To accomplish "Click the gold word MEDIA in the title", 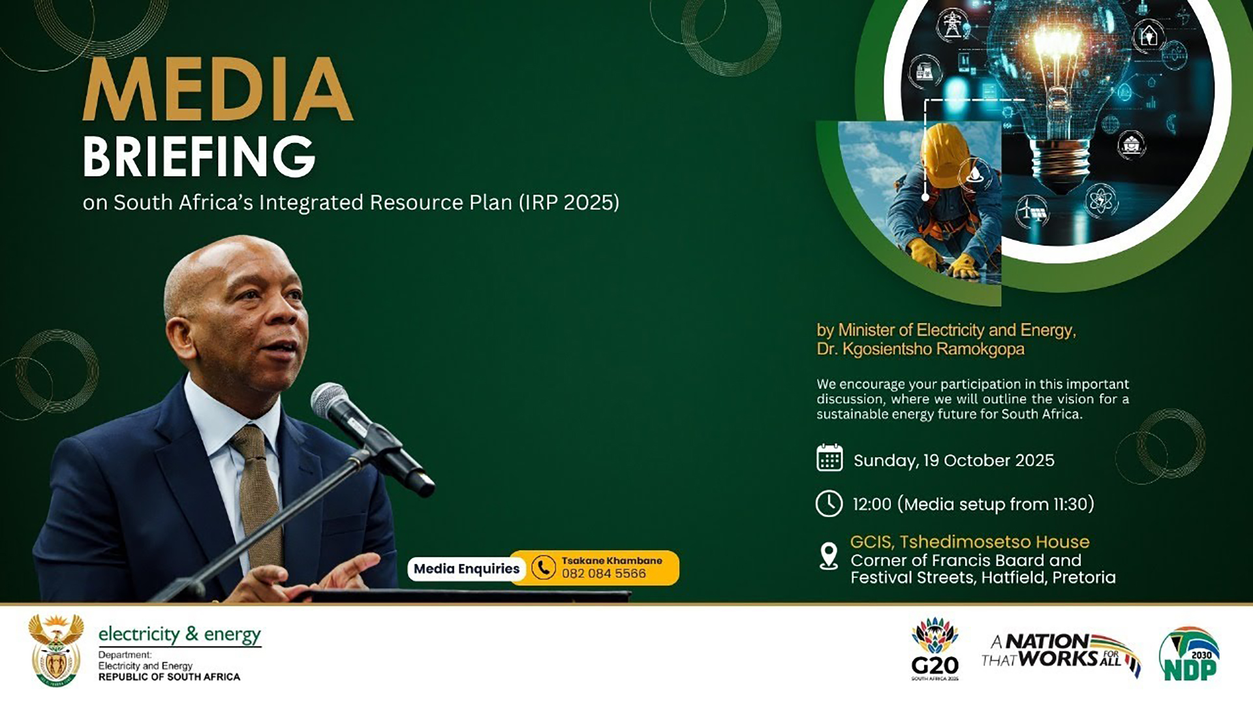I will coord(218,90).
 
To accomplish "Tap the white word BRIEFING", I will coord(199,157).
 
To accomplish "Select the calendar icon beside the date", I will coord(829,458).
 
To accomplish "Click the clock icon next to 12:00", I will coord(829,504).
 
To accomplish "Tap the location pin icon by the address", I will coord(829,556).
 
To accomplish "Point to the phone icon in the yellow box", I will coord(544,567).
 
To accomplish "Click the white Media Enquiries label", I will coord(467,569).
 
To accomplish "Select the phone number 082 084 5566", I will coord(604,574).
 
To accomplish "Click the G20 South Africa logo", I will coord(935,649).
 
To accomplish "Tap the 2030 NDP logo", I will coord(1188,654).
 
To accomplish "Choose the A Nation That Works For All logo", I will coord(1060,651).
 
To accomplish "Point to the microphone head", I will coord(331,399).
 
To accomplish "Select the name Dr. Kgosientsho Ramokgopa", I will coord(920,349).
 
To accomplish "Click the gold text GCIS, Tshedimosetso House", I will coord(969,542).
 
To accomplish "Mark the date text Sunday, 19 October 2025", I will coord(953,460).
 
